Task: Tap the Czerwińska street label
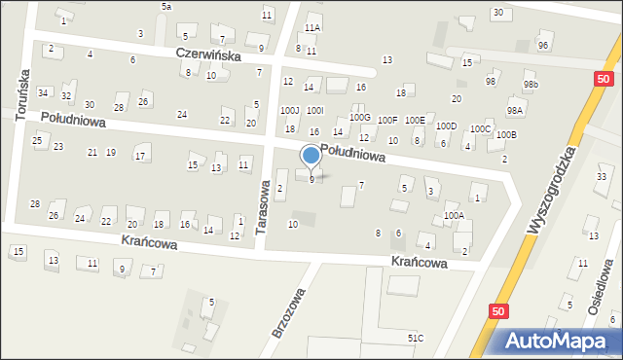(x=208, y=55)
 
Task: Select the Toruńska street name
(x=21, y=93)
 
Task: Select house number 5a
(x=166, y=7)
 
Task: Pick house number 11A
(x=312, y=27)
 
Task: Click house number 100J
(x=290, y=111)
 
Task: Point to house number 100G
(x=360, y=118)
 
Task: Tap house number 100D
(x=446, y=126)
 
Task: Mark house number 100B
(x=506, y=134)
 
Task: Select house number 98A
(x=514, y=111)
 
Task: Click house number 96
(x=543, y=46)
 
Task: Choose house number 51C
(x=416, y=338)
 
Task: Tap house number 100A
(x=454, y=215)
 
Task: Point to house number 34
(x=43, y=92)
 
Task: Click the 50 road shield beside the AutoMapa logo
(x=498, y=311)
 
